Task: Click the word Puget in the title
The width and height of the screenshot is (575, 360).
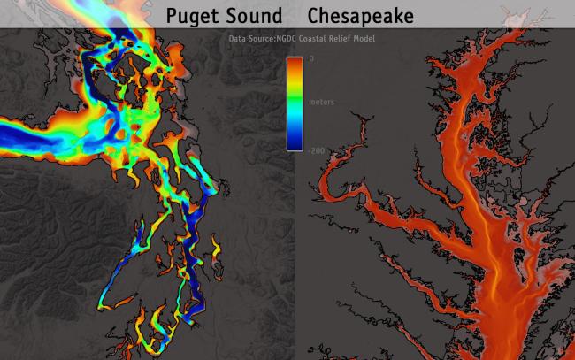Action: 195,16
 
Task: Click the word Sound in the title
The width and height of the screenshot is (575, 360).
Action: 257,15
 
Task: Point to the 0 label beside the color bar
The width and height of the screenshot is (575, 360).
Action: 310,57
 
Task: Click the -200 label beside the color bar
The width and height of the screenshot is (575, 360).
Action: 317,150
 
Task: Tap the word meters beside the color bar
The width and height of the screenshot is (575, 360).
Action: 321,103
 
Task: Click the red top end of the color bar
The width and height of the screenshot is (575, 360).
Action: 295,61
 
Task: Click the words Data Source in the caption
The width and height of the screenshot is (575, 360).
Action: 249,40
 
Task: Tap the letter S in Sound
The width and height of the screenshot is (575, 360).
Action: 236,15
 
